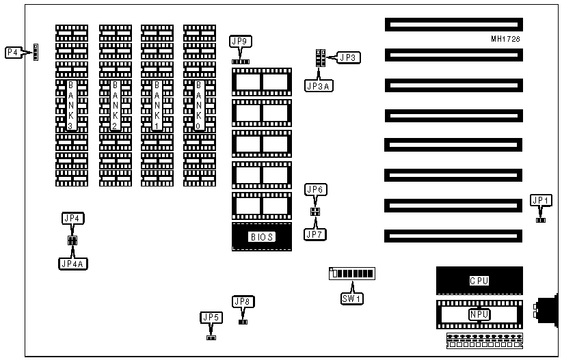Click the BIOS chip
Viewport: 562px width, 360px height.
tap(262, 237)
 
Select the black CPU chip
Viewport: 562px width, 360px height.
tap(479, 280)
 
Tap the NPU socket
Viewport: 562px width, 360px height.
tap(479, 314)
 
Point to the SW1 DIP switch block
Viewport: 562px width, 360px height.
tap(352, 274)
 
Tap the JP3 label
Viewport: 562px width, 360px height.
tap(348, 57)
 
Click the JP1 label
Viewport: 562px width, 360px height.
tap(541, 200)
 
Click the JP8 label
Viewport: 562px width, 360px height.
tap(243, 301)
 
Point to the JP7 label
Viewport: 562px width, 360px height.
tap(315, 234)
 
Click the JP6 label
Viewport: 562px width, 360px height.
tap(315, 189)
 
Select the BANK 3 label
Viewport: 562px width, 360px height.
tap(72, 105)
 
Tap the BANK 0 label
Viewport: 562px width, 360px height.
tap(199, 105)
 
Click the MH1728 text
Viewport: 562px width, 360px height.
tap(505, 39)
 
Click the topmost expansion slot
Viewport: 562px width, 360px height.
tap(453, 25)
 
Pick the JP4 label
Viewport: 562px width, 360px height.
tap(72, 219)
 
